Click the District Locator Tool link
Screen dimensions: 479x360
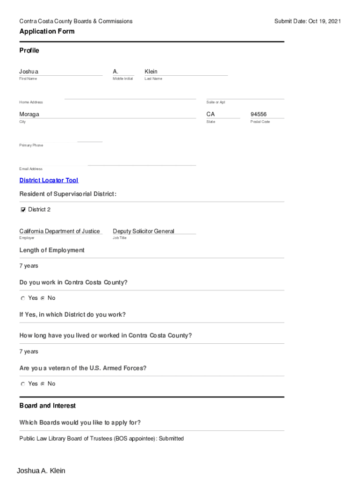(49, 181)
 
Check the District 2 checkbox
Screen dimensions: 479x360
(23, 210)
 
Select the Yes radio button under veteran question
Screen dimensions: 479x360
(23, 384)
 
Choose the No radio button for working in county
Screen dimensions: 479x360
(43, 298)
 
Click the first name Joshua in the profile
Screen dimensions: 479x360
(29, 72)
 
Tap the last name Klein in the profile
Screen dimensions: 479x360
(151, 72)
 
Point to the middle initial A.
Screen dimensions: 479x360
(115, 72)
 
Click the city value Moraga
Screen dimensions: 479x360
(29, 115)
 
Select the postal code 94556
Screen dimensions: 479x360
(259, 115)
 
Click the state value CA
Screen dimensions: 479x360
(210, 115)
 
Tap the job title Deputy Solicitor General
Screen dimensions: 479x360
(144, 231)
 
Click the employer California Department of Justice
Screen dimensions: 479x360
(59, 231)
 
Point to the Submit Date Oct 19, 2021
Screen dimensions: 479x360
(308, 21)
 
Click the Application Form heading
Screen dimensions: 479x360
(47, 31)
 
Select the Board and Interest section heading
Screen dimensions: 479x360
(47, 406)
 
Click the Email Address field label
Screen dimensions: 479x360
(31, 169)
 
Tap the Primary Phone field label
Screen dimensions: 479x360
(31, 145)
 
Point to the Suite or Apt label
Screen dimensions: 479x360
(216, 102)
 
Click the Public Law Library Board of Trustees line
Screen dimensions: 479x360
(101, 439)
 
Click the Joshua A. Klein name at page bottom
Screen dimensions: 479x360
(41, 471)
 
